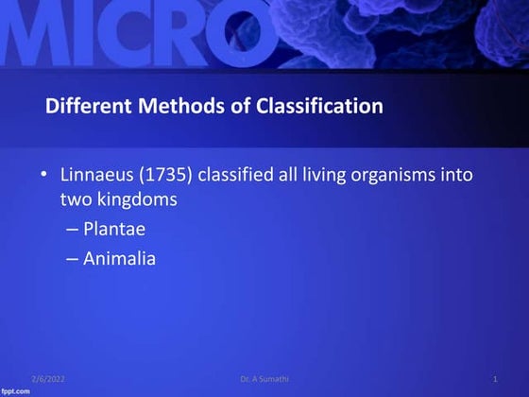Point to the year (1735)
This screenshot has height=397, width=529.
coord(165,176)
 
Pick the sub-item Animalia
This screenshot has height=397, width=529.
coord(119,257)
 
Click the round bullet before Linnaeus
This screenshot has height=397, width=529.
coord(43,176)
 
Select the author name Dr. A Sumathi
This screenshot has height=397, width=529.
coord(264,379)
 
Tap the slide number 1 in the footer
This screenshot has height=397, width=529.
coord(495,379)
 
